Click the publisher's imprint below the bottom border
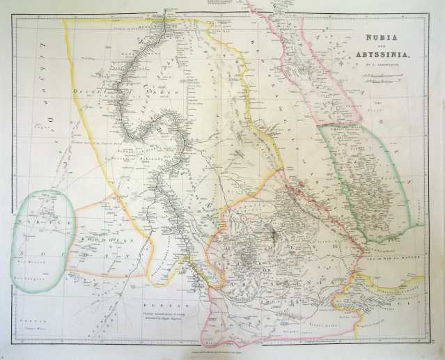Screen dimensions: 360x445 [x=223, y=348]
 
